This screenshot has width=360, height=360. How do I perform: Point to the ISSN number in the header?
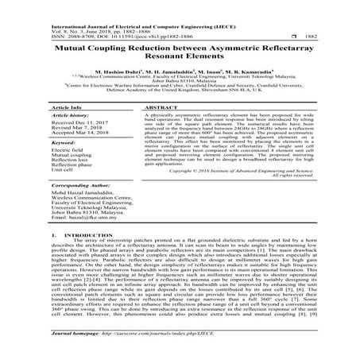pyautogui.click(x=69, y=36)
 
